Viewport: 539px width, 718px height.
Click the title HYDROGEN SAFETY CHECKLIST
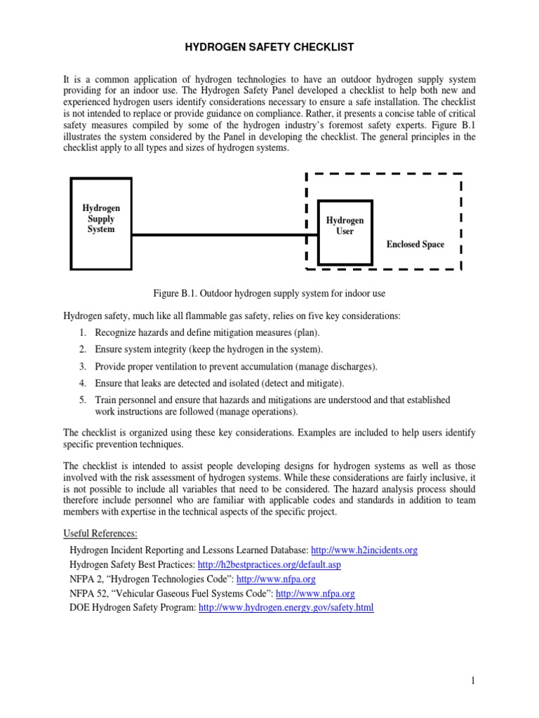269,47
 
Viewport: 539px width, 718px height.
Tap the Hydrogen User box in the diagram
345,232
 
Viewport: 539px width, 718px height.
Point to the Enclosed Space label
415,244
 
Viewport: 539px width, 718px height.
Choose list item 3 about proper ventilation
227,366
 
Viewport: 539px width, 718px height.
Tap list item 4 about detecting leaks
220,383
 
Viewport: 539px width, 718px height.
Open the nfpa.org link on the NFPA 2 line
276,579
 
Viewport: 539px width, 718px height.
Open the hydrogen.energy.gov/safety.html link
286,607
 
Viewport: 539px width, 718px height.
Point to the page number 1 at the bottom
474,680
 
